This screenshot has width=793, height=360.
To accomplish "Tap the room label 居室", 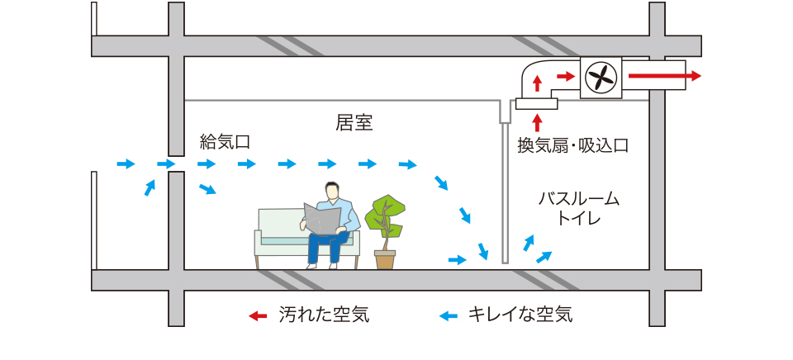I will coord(354,124).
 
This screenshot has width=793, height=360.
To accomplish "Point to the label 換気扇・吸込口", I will coord(573,146).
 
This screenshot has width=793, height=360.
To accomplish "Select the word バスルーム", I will coord(578,200).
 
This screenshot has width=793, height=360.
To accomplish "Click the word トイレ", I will coord(578,220).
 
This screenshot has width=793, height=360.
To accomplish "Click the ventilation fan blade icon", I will coord(601,78).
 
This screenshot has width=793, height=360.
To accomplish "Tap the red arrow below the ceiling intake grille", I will coord(537,122).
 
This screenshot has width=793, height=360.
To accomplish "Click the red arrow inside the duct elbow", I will coord(537,83).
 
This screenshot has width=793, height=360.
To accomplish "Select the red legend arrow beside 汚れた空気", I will coord(259,315).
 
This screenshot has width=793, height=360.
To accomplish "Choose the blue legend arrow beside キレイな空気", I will coord(448,315).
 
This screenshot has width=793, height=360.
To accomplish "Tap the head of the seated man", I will coord(331,191).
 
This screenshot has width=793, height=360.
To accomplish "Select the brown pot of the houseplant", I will coord(385,259).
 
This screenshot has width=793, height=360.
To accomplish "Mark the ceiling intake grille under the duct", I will coord(536,104).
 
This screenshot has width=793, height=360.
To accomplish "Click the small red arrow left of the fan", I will coord(566,77).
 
